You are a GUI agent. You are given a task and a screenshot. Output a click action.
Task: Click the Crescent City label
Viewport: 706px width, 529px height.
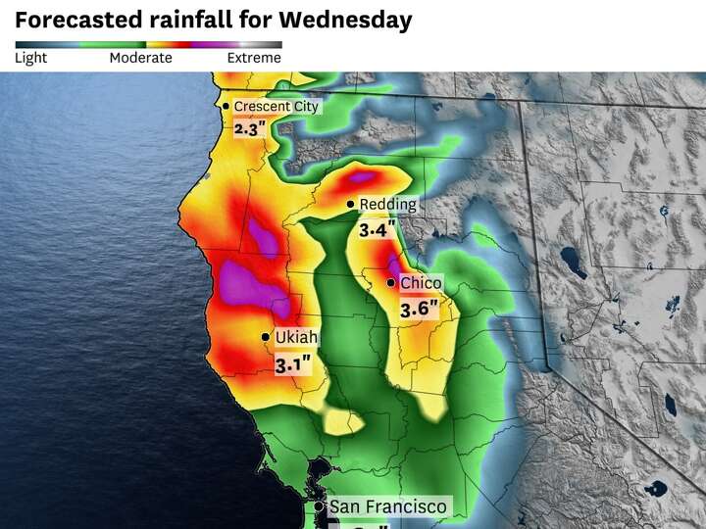(x=277, y=106)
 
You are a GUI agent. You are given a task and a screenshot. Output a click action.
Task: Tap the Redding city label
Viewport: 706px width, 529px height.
(x=388, y=204)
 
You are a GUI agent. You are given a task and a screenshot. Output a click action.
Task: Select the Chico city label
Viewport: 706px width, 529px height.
(x=421, y=283)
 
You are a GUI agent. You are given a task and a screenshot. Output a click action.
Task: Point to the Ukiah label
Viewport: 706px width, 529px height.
(x=296, y=337)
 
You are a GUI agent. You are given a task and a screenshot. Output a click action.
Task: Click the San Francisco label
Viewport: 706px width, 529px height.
(x=387, y=506)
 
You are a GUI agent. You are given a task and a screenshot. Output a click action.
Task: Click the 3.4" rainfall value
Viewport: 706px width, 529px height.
(x=378, y=230)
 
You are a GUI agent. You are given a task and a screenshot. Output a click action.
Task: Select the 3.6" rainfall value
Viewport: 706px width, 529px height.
(x=418, y=309)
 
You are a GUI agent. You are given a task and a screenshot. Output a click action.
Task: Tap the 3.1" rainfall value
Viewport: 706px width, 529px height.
(x=293, y=364)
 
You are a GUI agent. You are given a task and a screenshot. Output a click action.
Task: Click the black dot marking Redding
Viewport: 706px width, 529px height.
(x=351, y=204)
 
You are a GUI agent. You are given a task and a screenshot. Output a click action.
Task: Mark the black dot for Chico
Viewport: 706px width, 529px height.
(x=391, y=283)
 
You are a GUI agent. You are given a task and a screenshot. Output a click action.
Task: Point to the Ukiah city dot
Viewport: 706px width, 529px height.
(x=266, y=337)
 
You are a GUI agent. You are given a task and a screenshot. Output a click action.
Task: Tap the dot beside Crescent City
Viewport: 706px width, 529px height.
(x=226, y=106)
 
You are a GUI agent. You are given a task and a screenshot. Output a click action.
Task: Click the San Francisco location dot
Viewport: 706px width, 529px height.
(x=320, y=506)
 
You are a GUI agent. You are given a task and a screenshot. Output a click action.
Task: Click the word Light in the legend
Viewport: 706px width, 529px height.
(x=30, y=58)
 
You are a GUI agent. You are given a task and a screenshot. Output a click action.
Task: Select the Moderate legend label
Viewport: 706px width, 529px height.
(x=140, y=58)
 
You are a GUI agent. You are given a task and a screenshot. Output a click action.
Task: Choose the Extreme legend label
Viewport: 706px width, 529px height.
(x=254, y=58)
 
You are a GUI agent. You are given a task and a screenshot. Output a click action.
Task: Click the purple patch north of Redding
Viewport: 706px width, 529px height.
(x=363, y=177)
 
